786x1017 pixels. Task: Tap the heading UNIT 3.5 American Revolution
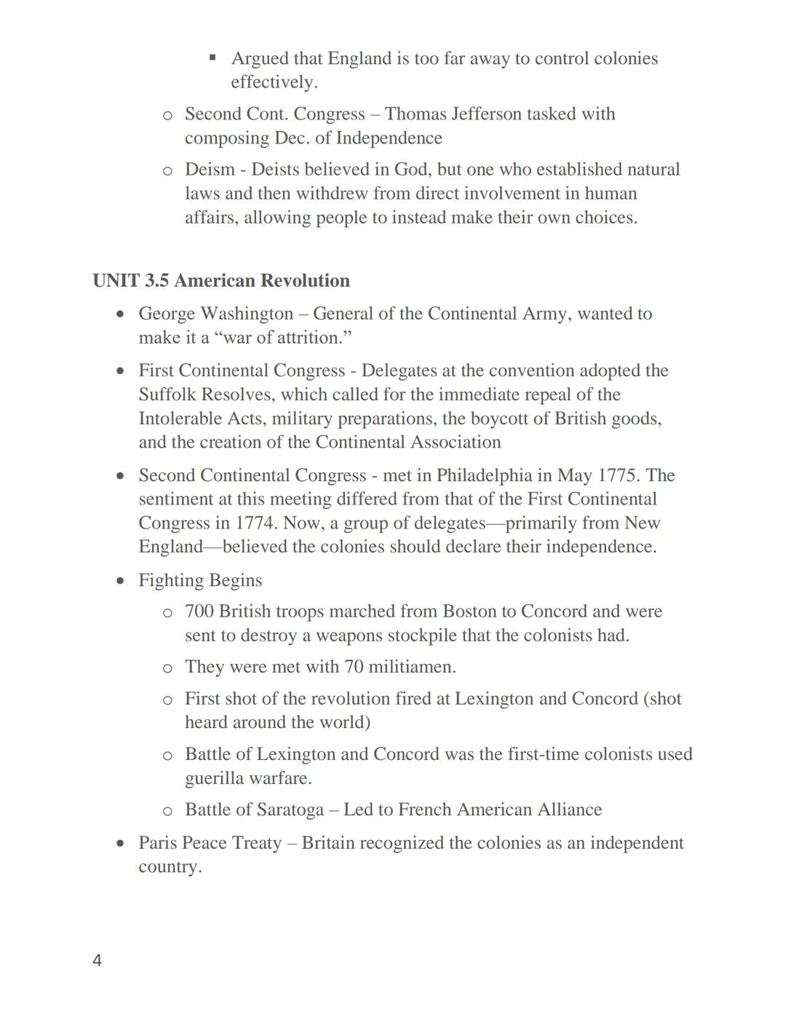tap(221, 281)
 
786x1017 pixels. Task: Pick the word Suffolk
tap(167, 395)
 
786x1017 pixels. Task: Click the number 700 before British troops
tap(199, 612)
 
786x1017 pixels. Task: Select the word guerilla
tap(214, 778)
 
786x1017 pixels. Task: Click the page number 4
tap(97, 961)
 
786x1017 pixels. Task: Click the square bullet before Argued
tap(213, 57)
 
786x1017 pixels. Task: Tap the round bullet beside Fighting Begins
tap(121, 581)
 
